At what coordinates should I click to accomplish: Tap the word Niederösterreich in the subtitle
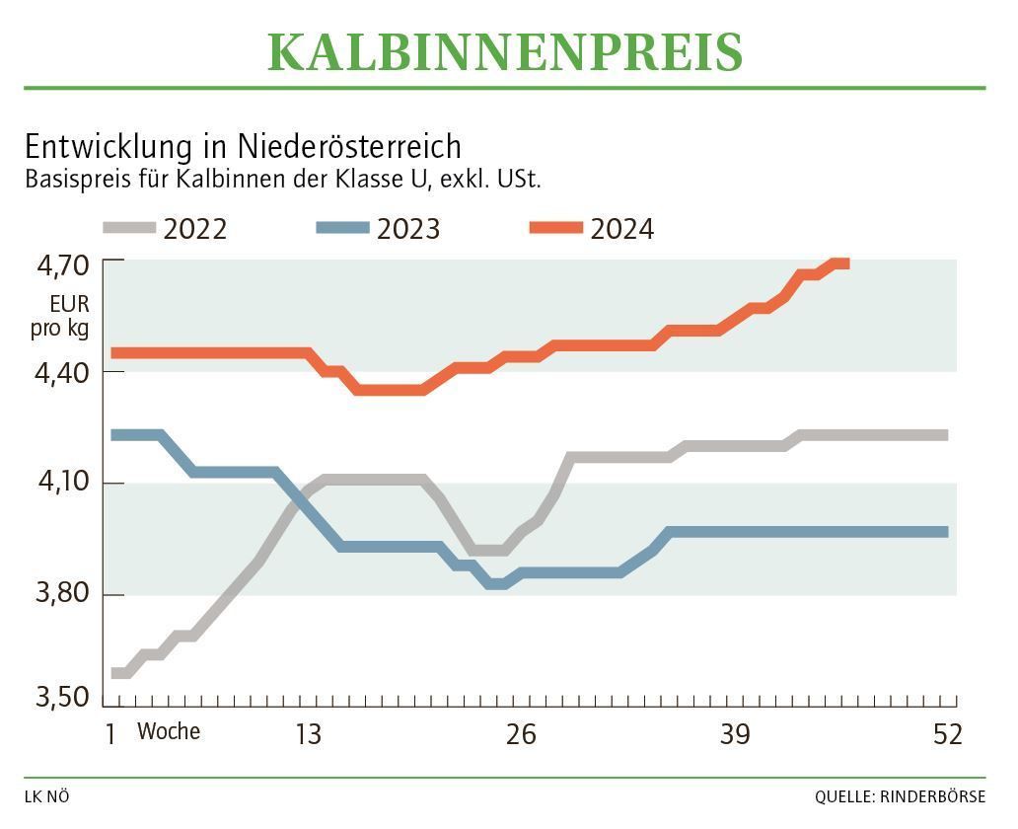click(x=349, y=146)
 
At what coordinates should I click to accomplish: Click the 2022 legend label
click(x=195, y=229)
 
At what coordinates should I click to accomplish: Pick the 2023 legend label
click(x=408, y=229)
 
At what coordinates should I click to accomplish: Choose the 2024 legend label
click(x=622, y=229)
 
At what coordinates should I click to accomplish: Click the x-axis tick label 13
click(x=308, y=735)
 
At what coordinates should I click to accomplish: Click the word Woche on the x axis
click(x=169, y=731)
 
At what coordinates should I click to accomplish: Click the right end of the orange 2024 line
click(x=844, y=263)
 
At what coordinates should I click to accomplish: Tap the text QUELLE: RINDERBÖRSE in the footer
click(x=899, y=796)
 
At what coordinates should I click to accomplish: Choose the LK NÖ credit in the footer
click(x=47, y=796)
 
